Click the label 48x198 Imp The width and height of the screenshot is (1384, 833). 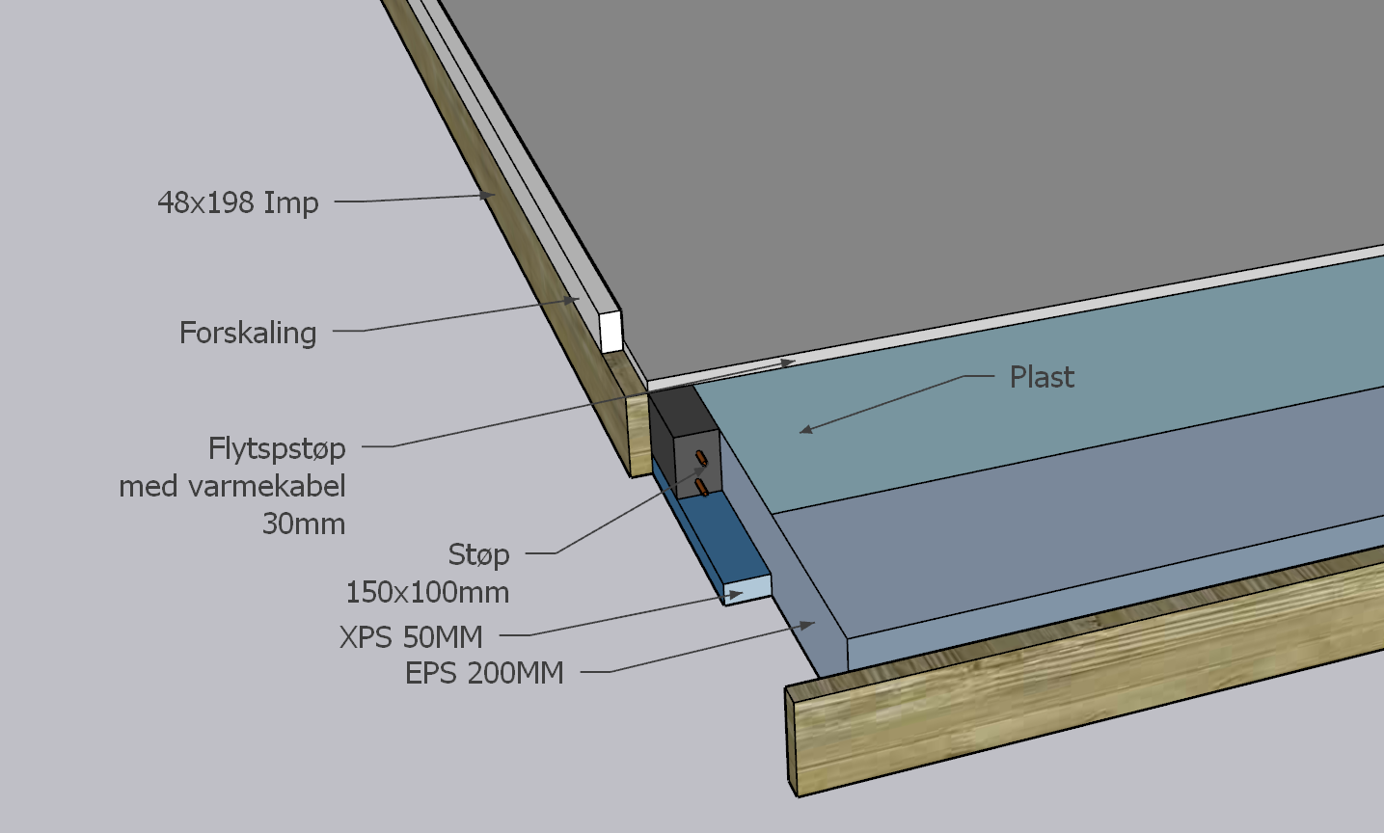pos(237,202)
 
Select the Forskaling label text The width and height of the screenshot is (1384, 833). pos(248,333)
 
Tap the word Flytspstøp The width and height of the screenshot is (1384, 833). pos(277,448)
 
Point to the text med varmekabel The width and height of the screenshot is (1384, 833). pos(231,486)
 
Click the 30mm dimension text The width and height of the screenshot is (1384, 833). pos(304,524)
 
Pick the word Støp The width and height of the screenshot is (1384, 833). pos(478,554)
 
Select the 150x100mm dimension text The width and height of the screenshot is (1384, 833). pos(427,592)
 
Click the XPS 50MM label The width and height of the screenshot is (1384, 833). pos(411,637)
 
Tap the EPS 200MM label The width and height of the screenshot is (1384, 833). pos(484,673)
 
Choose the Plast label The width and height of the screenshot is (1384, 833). pos(1042,377)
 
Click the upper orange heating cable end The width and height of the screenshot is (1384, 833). pos(702,456)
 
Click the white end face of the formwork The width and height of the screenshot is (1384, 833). pos(611,331)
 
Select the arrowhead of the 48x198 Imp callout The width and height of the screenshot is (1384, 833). pos(490,196)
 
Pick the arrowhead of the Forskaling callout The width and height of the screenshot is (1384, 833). pos(573,301)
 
